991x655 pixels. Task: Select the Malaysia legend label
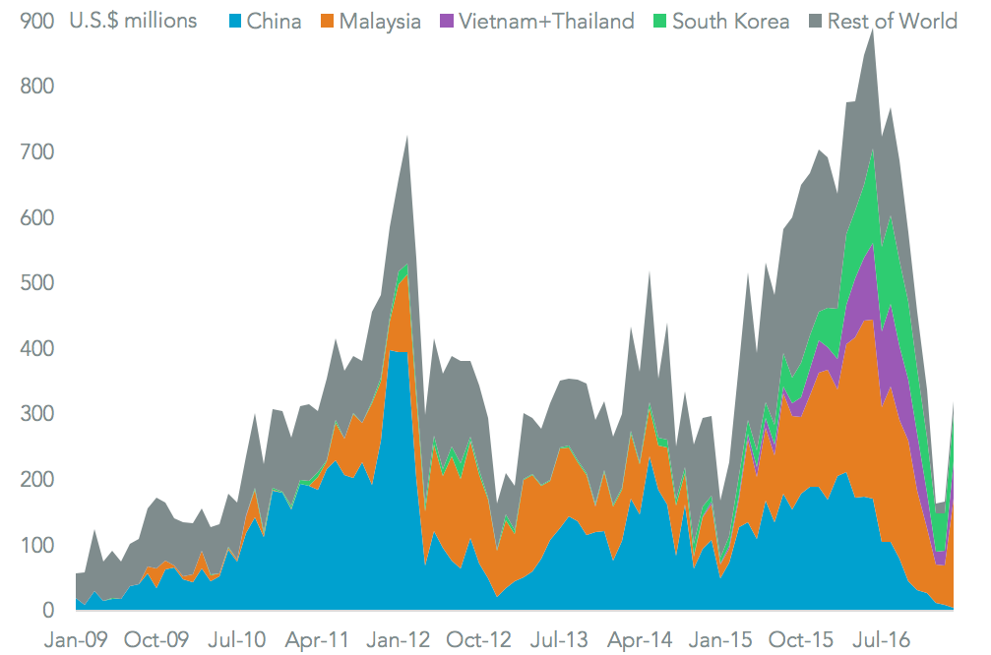[380, 21]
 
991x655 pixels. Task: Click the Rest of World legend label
[893, 21]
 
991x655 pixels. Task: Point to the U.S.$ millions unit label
[133, 21]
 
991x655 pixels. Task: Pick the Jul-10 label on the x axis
[237, 639]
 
